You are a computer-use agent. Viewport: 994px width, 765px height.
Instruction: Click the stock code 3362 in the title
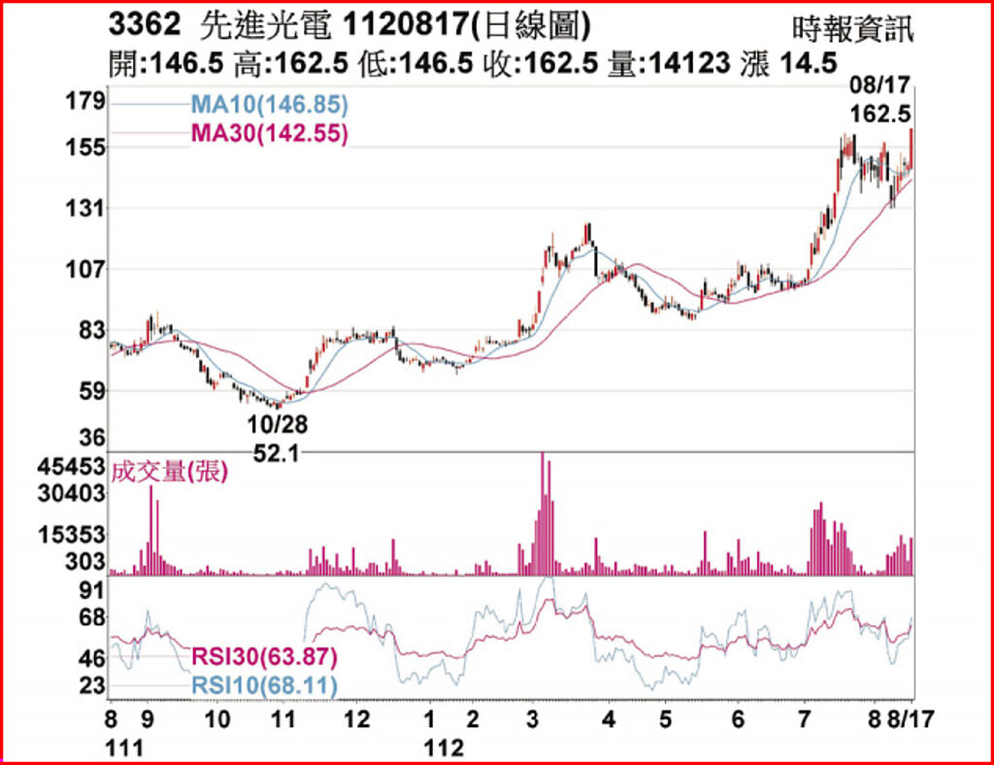point(145,22)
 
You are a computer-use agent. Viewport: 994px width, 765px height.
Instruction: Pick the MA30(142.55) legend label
point(269,134)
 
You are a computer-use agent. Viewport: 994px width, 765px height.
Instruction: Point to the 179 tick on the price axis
point(86,102)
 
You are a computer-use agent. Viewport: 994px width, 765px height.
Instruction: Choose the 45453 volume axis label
point(73,467)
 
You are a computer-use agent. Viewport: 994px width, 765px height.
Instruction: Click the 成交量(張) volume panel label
point(169,473)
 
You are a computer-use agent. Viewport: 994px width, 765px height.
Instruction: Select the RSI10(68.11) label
point(264,687)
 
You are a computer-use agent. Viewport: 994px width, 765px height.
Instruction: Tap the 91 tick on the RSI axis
point(91,590)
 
